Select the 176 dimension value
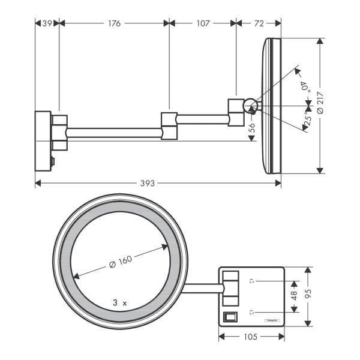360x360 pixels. pos(114,23)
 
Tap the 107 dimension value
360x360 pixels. pos(203,23)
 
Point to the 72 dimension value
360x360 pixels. pos(259,23)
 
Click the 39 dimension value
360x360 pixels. pos(47,23)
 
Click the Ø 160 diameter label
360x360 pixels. pos(121,262)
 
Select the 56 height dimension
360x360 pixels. pos(252,127)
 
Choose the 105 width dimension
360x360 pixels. pos(250,337)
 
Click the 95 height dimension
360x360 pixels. pos(308,296)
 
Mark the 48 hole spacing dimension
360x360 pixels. pos(293,296)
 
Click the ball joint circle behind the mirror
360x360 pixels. pos(250,107)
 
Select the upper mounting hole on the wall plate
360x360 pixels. pos(252,280)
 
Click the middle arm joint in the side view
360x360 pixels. pos(170,125)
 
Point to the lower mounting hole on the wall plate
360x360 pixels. pos(252,311)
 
